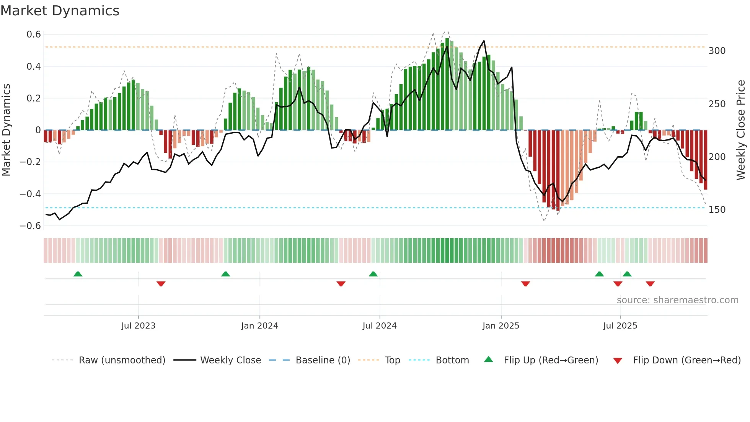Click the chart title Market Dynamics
click(60, 11)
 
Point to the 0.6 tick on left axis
click(34, 34)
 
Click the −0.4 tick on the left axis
click(30, 194)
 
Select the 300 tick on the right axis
click(717, 51)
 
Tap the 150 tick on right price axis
click(717, 210)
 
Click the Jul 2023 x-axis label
click(138, 326)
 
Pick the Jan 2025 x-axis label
click(501, 326)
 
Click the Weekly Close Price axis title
click(741, 130)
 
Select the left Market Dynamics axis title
click(6, 130)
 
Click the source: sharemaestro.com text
click(677, 300)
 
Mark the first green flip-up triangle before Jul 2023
click(78, 274)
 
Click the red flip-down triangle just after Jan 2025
click(525, 284)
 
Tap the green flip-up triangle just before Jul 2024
click(373, 274)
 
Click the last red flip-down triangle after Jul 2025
click(650, 284)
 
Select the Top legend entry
click(392, 360)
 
